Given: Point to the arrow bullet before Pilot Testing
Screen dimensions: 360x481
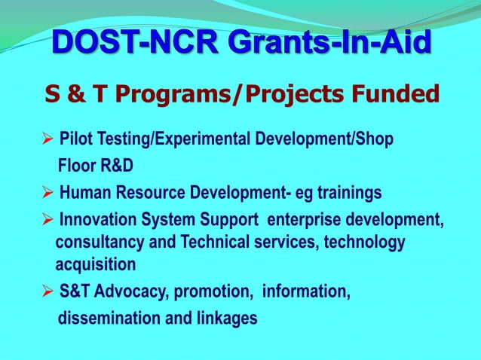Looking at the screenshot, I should click(47, 140).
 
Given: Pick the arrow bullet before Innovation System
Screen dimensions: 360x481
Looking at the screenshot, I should click(47, 221).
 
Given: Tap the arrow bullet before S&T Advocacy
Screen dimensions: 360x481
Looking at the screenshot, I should click(47, 291).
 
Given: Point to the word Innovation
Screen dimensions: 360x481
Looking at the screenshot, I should click(94, 221).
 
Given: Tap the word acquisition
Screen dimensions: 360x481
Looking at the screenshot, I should click(96, 264).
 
